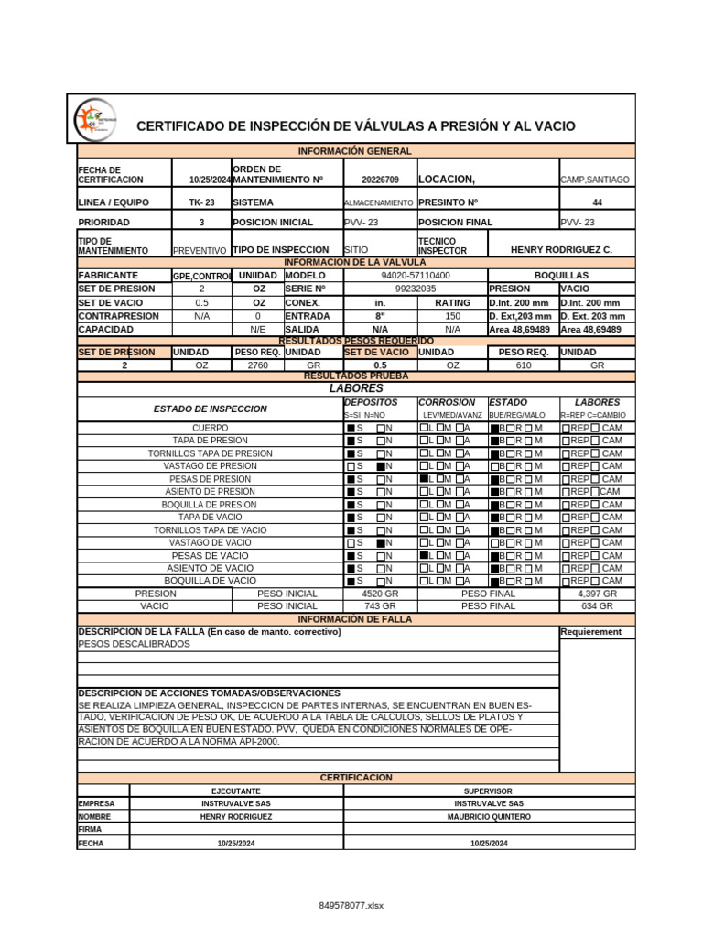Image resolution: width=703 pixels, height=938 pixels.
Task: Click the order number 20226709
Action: click(x=380, y=180)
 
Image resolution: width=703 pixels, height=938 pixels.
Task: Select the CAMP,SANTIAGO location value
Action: click(x=595, y=180)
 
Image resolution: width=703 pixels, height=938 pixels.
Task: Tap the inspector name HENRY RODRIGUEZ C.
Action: click(x=561, y=250)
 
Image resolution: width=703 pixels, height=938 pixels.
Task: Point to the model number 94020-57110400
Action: click(x=416, y=275)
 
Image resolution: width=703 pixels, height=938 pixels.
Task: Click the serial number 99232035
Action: click(x=416, y=289)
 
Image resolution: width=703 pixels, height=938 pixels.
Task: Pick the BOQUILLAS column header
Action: click(x=561, y=275)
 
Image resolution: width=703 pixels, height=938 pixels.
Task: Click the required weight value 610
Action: click(x=523, y=365)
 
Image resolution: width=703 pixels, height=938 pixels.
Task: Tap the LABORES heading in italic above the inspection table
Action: click(x=356, y=388)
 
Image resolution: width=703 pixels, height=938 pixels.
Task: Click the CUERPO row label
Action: click(x=211, y=428)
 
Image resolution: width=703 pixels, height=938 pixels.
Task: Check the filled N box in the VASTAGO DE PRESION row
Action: click(x=381, y=466)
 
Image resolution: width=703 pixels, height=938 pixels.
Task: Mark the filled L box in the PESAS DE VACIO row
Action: click(x=425, y=555)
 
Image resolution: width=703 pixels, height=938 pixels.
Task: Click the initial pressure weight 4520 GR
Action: click(x=379, y=594)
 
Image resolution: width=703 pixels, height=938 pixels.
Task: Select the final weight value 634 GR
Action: click(x=597, y=606)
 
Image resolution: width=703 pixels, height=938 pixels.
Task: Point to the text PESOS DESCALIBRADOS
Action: click(x=135, y=644)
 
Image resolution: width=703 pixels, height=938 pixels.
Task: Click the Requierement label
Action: click(x=590, y=631)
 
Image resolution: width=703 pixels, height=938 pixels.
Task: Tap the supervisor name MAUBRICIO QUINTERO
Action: click(x=488, y=816)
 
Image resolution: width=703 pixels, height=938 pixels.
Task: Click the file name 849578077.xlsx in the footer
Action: click(x=351, y=905)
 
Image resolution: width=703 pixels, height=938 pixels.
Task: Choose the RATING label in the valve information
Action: click(x=452, y=302)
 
